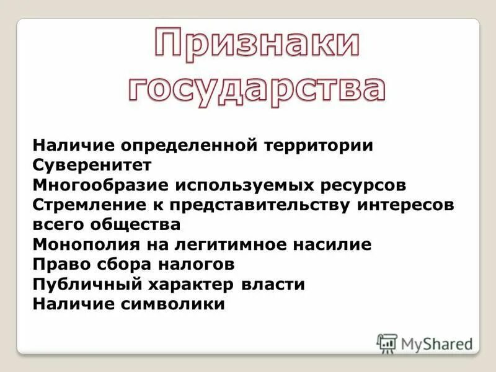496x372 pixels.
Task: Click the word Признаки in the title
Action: [257, 48]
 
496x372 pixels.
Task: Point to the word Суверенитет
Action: [92, 166]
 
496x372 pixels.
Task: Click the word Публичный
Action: [88, 285]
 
